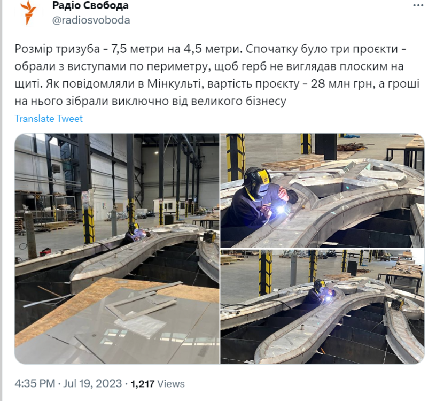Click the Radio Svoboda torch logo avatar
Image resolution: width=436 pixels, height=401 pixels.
[x=28, y=12]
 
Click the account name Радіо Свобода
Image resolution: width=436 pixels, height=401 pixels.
[x=90, y=6]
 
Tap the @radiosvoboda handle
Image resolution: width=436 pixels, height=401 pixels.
[x=90, y=20]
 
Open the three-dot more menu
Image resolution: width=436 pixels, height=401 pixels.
[x=418, y=5]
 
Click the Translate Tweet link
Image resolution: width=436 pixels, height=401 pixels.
[x=49, y=119]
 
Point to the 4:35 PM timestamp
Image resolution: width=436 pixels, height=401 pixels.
[x=35, y=383]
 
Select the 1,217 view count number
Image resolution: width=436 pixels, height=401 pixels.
[x=142, y=383]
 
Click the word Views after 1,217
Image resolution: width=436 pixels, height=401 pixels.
[x=171, y=383]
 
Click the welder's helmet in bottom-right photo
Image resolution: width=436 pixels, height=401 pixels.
[x=320, y=286]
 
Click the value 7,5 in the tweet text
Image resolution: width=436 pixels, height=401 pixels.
[x=122, y=51]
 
